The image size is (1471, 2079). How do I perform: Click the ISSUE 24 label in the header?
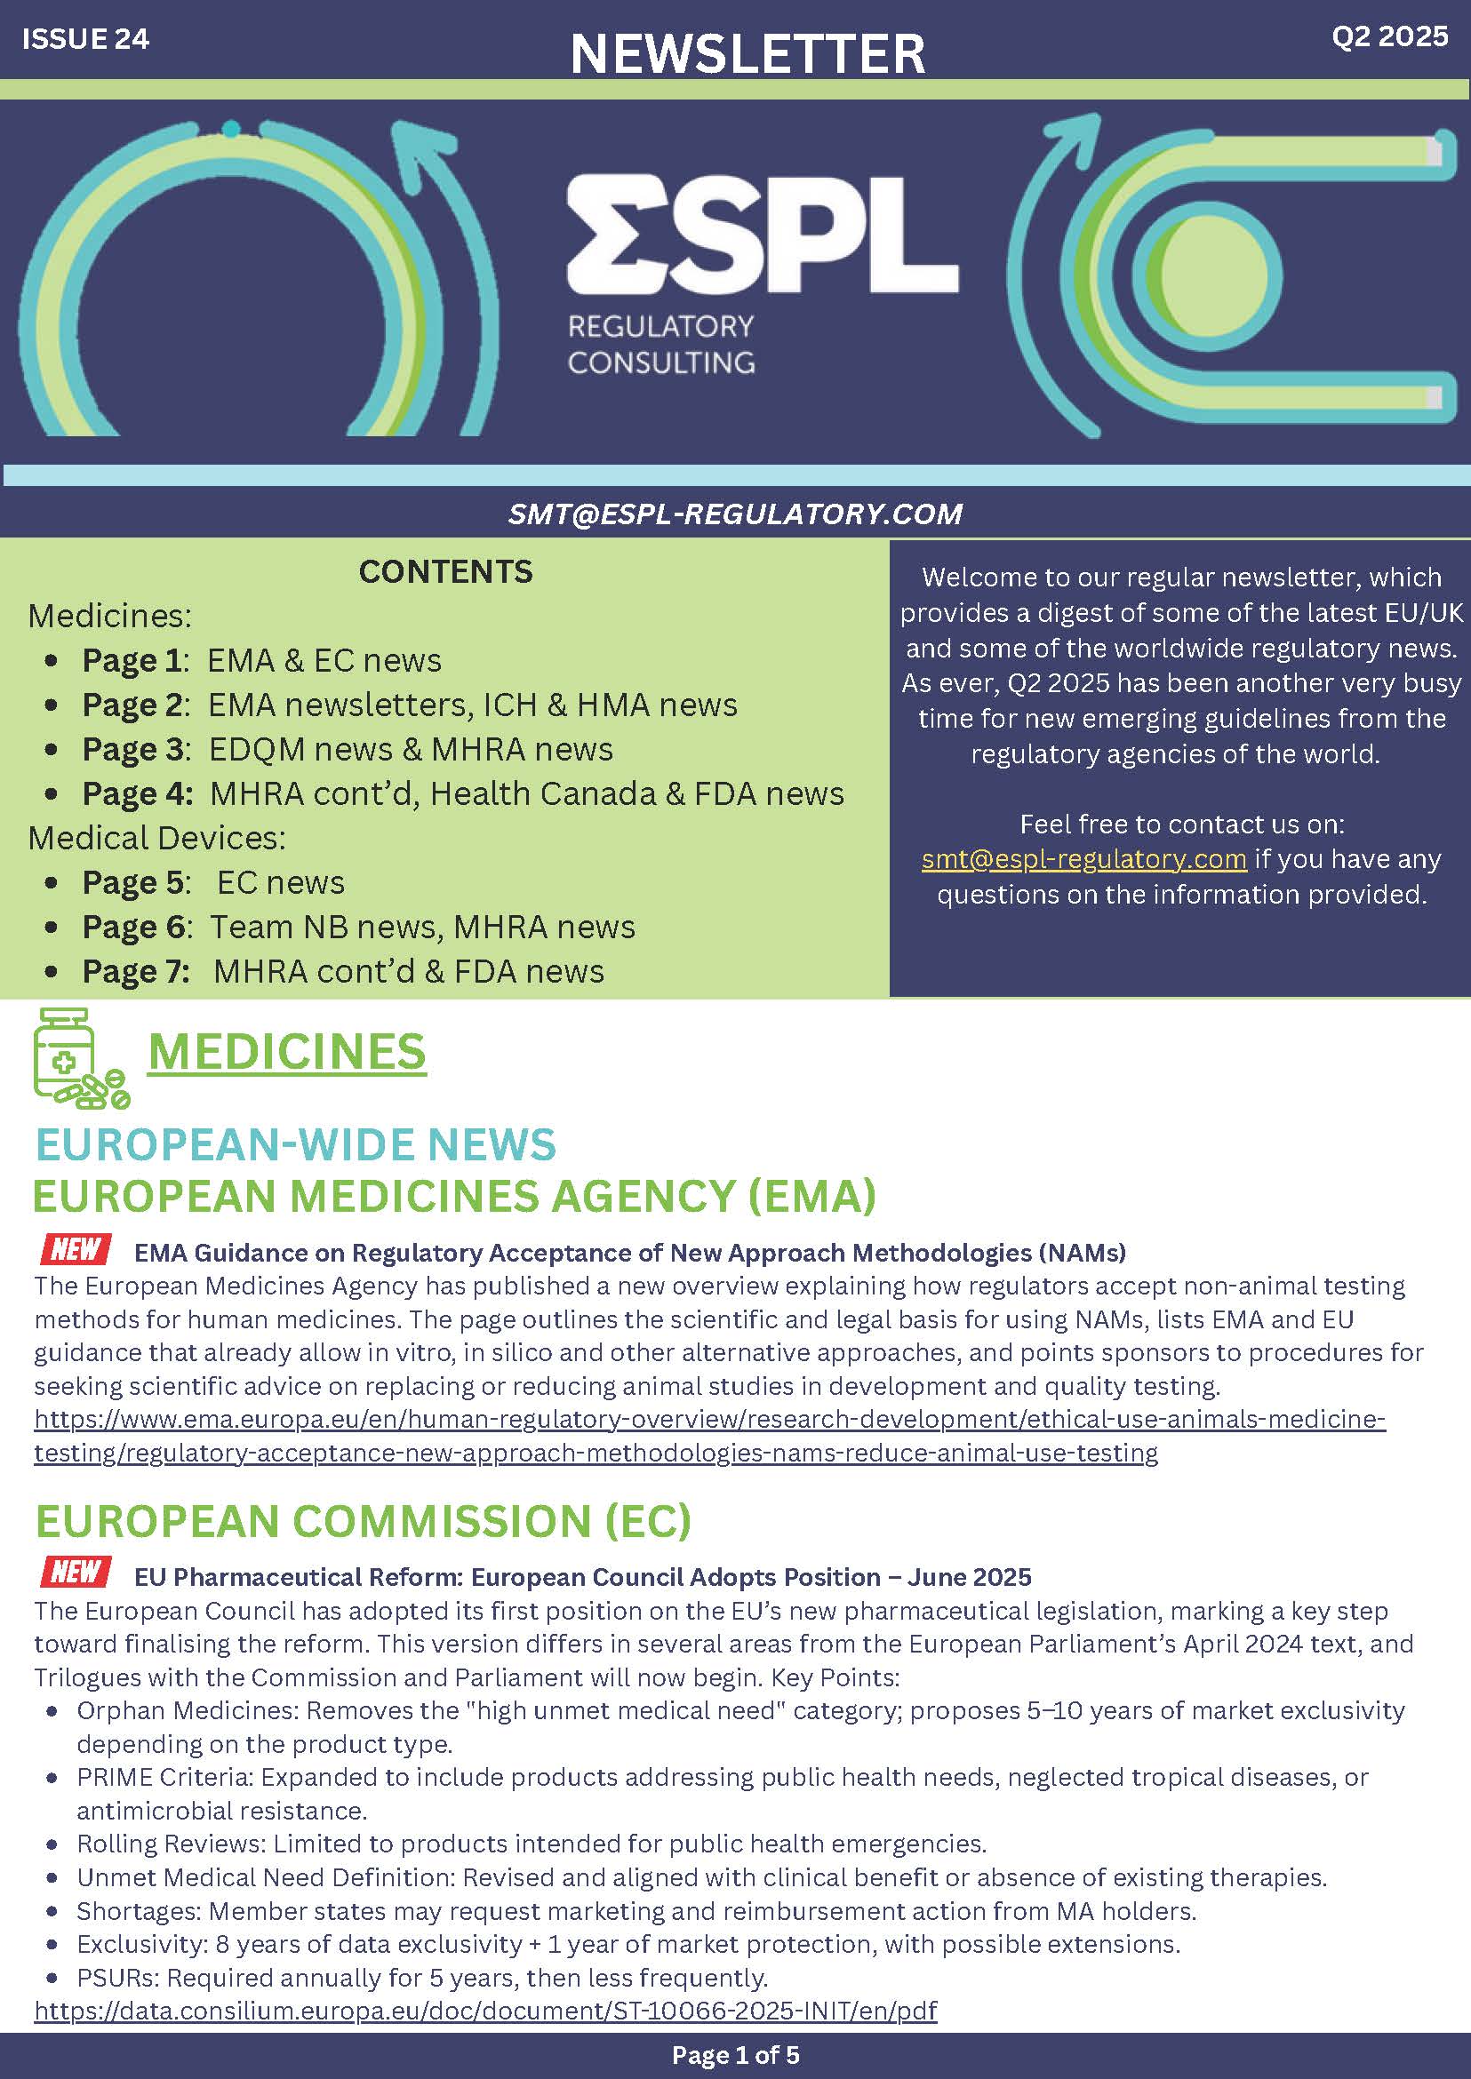click(x=85, y=39)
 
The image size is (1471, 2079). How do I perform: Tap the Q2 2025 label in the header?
click(x=1389, y=36)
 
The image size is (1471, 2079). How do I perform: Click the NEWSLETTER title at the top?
click(x=747, y=53)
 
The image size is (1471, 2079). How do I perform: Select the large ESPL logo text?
click(x=763, y=234)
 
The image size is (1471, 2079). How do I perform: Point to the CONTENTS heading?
click(x=445, y=571)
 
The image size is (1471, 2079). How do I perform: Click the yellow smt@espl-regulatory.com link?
click(x=1083, y=858)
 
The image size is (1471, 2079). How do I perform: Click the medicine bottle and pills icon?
click(x=80, y=1058)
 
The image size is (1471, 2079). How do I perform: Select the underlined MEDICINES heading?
click(x=286, y=1052)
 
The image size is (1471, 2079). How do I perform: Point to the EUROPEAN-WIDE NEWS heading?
click(x=295, y=1144)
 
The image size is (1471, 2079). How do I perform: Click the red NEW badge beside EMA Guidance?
click(x=76, y=1249)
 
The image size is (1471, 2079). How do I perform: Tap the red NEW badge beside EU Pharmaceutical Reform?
click(x=76, y=1573)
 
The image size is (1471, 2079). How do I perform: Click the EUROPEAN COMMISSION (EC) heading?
click(x=364, y=1520)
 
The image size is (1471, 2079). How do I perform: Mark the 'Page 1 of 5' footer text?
click(x=736, y=2056)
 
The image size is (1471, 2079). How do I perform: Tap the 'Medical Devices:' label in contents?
click(x=156, y=839)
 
